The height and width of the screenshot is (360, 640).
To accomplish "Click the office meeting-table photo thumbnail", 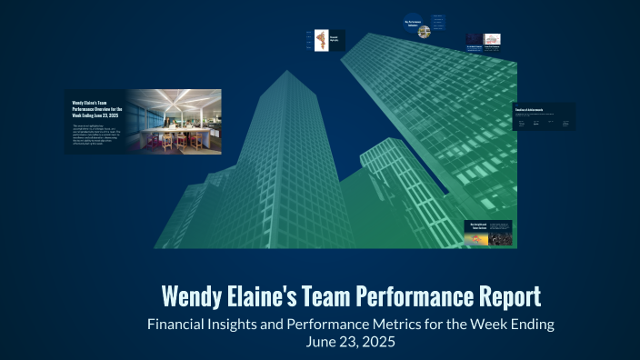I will click(x=174, y=121).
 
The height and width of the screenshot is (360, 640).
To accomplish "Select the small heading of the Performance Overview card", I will click(x=96, y=109).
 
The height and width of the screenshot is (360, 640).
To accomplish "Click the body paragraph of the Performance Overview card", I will click(x=95, y=137).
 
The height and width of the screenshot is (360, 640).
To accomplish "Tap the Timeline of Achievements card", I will click(x=544, y=115).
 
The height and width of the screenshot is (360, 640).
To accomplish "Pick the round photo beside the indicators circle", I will click(x=424, y=32).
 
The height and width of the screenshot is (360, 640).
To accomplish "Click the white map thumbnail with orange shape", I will click(x=321, y=39).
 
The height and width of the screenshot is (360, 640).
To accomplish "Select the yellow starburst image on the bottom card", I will click(x=477, y=238).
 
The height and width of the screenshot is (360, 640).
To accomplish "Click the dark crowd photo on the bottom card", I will click(x=499, y=238).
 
